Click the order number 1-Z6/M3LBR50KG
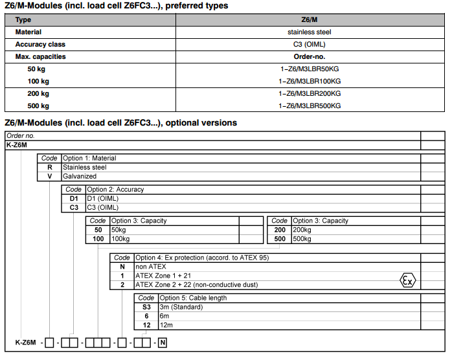pyautogui.click(x=309, y=69)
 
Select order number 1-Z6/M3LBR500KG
pyautogui.click(x=310, y=106)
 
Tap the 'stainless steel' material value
pyautogui.click(x=310, y=32)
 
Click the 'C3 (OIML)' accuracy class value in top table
pyautogui.click(x=310, y=44)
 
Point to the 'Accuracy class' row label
pyautogui.click(x=40, y=44)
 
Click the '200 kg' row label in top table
pyautogui.click(x=38, y=93)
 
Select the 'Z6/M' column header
pyautogui.click(x=310, y=20)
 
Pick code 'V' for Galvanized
pyautogui.click(x=49, y=176)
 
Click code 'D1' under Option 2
pyautogui.click(x=74, y=199)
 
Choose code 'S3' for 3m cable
pyautogui.click(x=146, y=307)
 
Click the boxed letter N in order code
pyautogui.click(x=163, y=342)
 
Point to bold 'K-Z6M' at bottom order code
pyautogui.click(x=26, y=342)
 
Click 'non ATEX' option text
pyautogui.click(x=151, y=266)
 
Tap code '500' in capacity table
pyautogui.click(x=280, y=239)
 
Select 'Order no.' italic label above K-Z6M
pyautogui.click(x=21, y=136)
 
